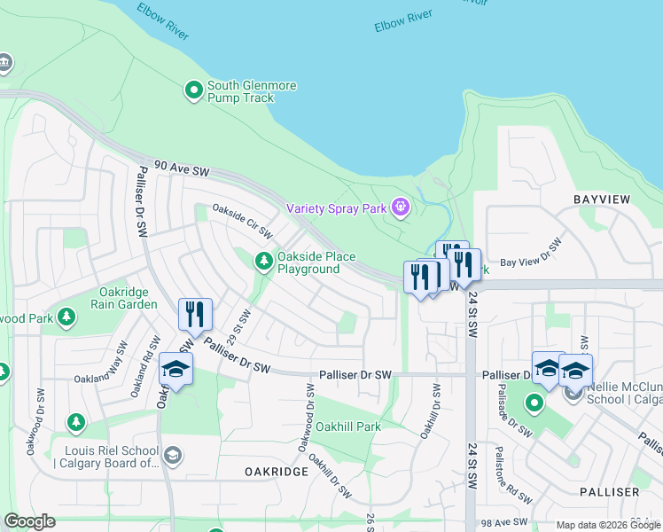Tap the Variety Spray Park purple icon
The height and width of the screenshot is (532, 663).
click(401, 208)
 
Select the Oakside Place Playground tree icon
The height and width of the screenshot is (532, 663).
click(263, 262)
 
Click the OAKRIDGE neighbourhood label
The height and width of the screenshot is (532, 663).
click(277, 472)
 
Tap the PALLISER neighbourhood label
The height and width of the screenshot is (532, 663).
click(609, 491)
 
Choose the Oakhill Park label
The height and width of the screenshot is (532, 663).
click(348, 426)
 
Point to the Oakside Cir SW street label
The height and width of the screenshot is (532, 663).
click(241, 220)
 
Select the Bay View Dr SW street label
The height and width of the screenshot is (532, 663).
click(532, 252)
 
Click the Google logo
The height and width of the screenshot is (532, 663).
click(29, 521)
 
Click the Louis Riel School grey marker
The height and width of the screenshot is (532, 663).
click(173, 456)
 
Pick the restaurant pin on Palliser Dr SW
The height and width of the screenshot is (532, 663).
click(194, 315)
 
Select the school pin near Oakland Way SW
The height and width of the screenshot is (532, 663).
click(175, 370)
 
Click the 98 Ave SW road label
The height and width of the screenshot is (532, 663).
click(507, 524)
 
